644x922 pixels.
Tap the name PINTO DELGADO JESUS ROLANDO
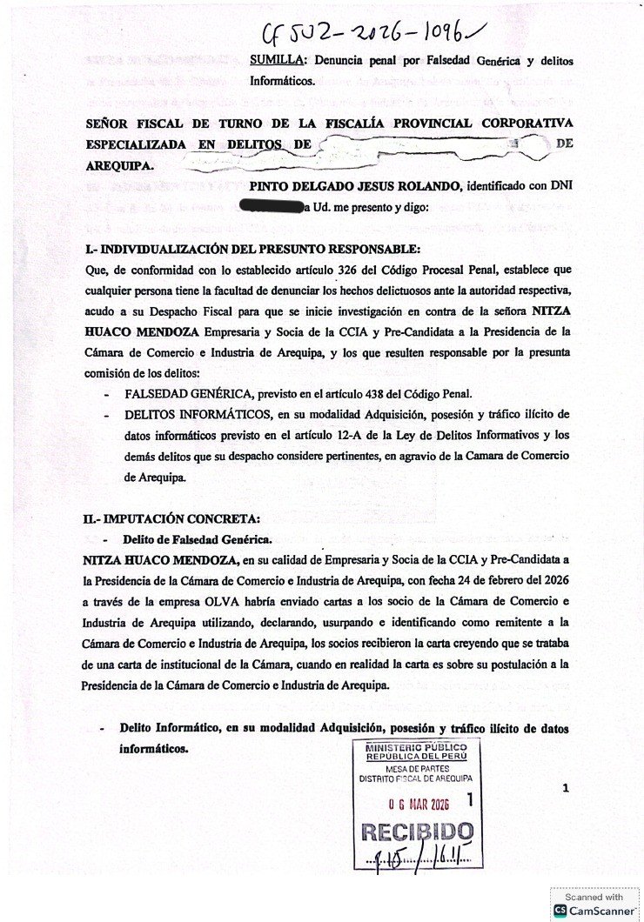355,186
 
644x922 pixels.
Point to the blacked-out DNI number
269,207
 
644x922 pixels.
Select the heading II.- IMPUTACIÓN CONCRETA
171,519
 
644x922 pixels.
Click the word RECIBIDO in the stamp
417,832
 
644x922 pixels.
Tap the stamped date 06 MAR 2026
417,802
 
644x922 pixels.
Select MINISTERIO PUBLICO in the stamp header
416,748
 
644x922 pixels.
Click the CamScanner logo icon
561,910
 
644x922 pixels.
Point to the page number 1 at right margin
566,788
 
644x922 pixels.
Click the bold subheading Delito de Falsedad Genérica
197,538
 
